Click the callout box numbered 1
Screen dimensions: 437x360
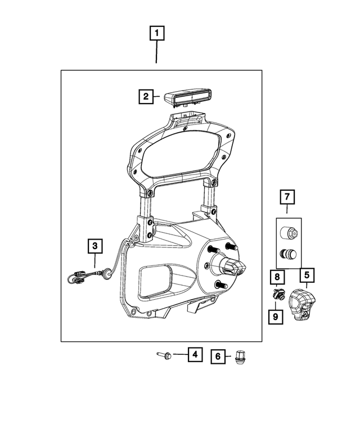coord(156,33)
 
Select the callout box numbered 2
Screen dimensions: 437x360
coord(145,96)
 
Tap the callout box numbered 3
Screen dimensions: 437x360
coord(94,245)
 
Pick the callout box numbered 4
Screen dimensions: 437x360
coord(194,354)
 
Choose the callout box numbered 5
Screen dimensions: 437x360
coord(307,276)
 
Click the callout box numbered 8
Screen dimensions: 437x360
coord(276,277)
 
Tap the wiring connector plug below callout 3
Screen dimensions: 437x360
coord(78,276)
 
